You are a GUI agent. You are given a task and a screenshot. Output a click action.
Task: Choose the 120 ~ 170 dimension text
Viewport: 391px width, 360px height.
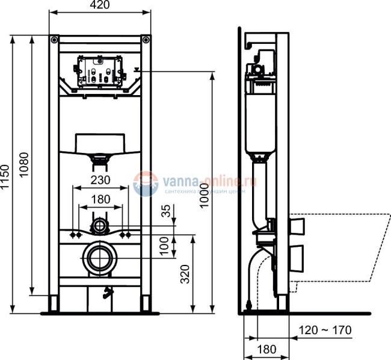tap(325, 331)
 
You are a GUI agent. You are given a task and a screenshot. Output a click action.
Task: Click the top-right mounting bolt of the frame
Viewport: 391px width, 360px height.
tap(144, 40)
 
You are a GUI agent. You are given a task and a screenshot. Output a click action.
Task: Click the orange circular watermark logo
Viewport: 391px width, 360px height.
tap(145, 182)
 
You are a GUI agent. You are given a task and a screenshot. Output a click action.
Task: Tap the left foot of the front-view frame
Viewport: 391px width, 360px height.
tap(55, 304)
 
